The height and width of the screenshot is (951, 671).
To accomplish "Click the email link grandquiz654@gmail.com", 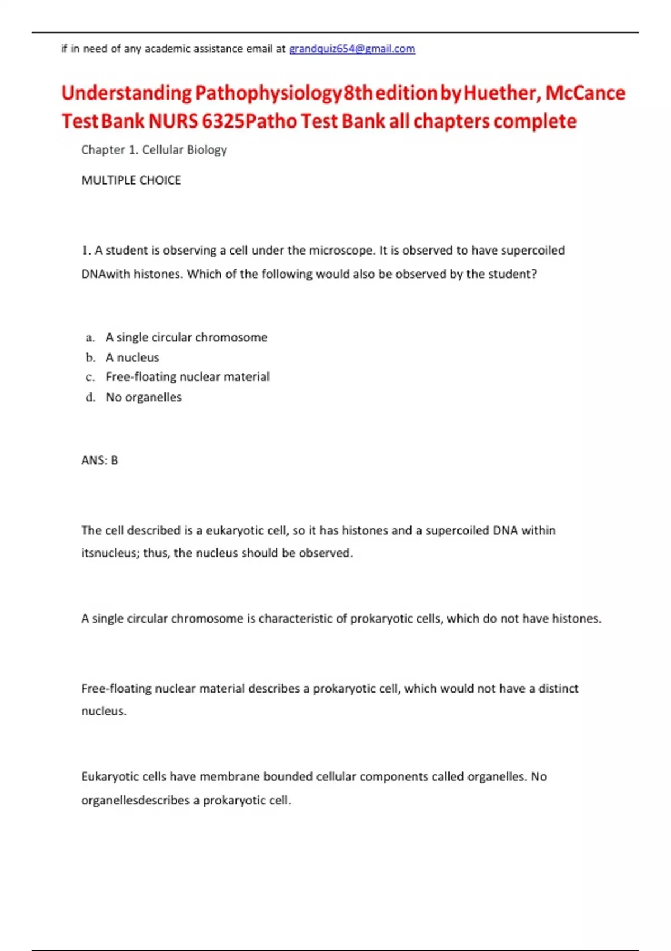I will point(352,49).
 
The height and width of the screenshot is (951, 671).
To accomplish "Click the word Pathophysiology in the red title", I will point(268,93).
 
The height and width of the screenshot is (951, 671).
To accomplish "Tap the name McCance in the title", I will point(585,93).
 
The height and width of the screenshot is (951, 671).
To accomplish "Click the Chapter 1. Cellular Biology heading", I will point(154,150).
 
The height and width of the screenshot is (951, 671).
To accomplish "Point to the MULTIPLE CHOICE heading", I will point(131,180).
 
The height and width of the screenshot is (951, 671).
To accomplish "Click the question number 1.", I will point(86,250).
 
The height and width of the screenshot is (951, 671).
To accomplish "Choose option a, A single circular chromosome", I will point(186,337).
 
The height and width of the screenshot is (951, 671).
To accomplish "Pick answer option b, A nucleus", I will point(133,357).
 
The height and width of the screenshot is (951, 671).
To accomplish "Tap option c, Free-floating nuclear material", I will point(187,377).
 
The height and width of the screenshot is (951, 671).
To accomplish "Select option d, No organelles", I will point(144,397).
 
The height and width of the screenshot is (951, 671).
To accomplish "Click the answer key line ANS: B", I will point(100,460).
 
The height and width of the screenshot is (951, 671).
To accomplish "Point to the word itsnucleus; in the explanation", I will point(110,553).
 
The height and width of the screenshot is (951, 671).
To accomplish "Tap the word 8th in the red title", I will point(358,93).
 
